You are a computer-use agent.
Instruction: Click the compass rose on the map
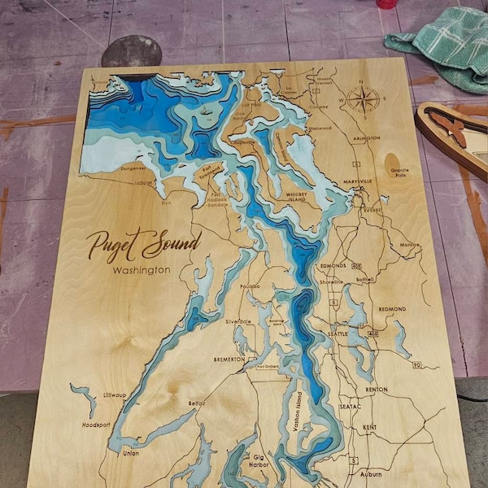tap(362, 100)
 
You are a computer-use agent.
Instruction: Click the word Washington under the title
tap(142, 270)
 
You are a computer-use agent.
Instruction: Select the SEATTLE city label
tap(338, 333)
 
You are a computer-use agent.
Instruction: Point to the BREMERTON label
tap(229, 359)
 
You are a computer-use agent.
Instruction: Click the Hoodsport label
tap(96, 425)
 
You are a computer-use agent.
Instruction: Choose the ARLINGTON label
tap(366, 138)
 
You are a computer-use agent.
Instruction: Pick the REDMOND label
tap(393, 309)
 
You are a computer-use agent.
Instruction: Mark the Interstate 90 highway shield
tap(416, 365)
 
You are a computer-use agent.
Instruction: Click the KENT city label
tap(369, 427)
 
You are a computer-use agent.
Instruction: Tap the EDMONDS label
tap(333, 266)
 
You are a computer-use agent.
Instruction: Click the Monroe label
tap(409, 245)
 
